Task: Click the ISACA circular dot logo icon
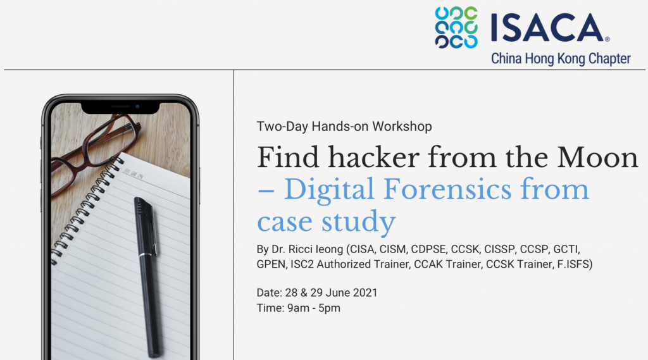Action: coord(456,27)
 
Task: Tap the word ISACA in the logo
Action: coord(547,28)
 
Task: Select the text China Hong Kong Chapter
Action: coord(561,59)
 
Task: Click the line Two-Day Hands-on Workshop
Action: coord(344,126)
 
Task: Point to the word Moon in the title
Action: coord(597,158)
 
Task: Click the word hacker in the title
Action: coord(374,157)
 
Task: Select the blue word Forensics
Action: coord(447,189)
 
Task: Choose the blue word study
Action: coord(359,222)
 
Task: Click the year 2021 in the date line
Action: coord(365,293)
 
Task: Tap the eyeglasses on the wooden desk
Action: coord(95,149)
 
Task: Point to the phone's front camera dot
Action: coord(137,107)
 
